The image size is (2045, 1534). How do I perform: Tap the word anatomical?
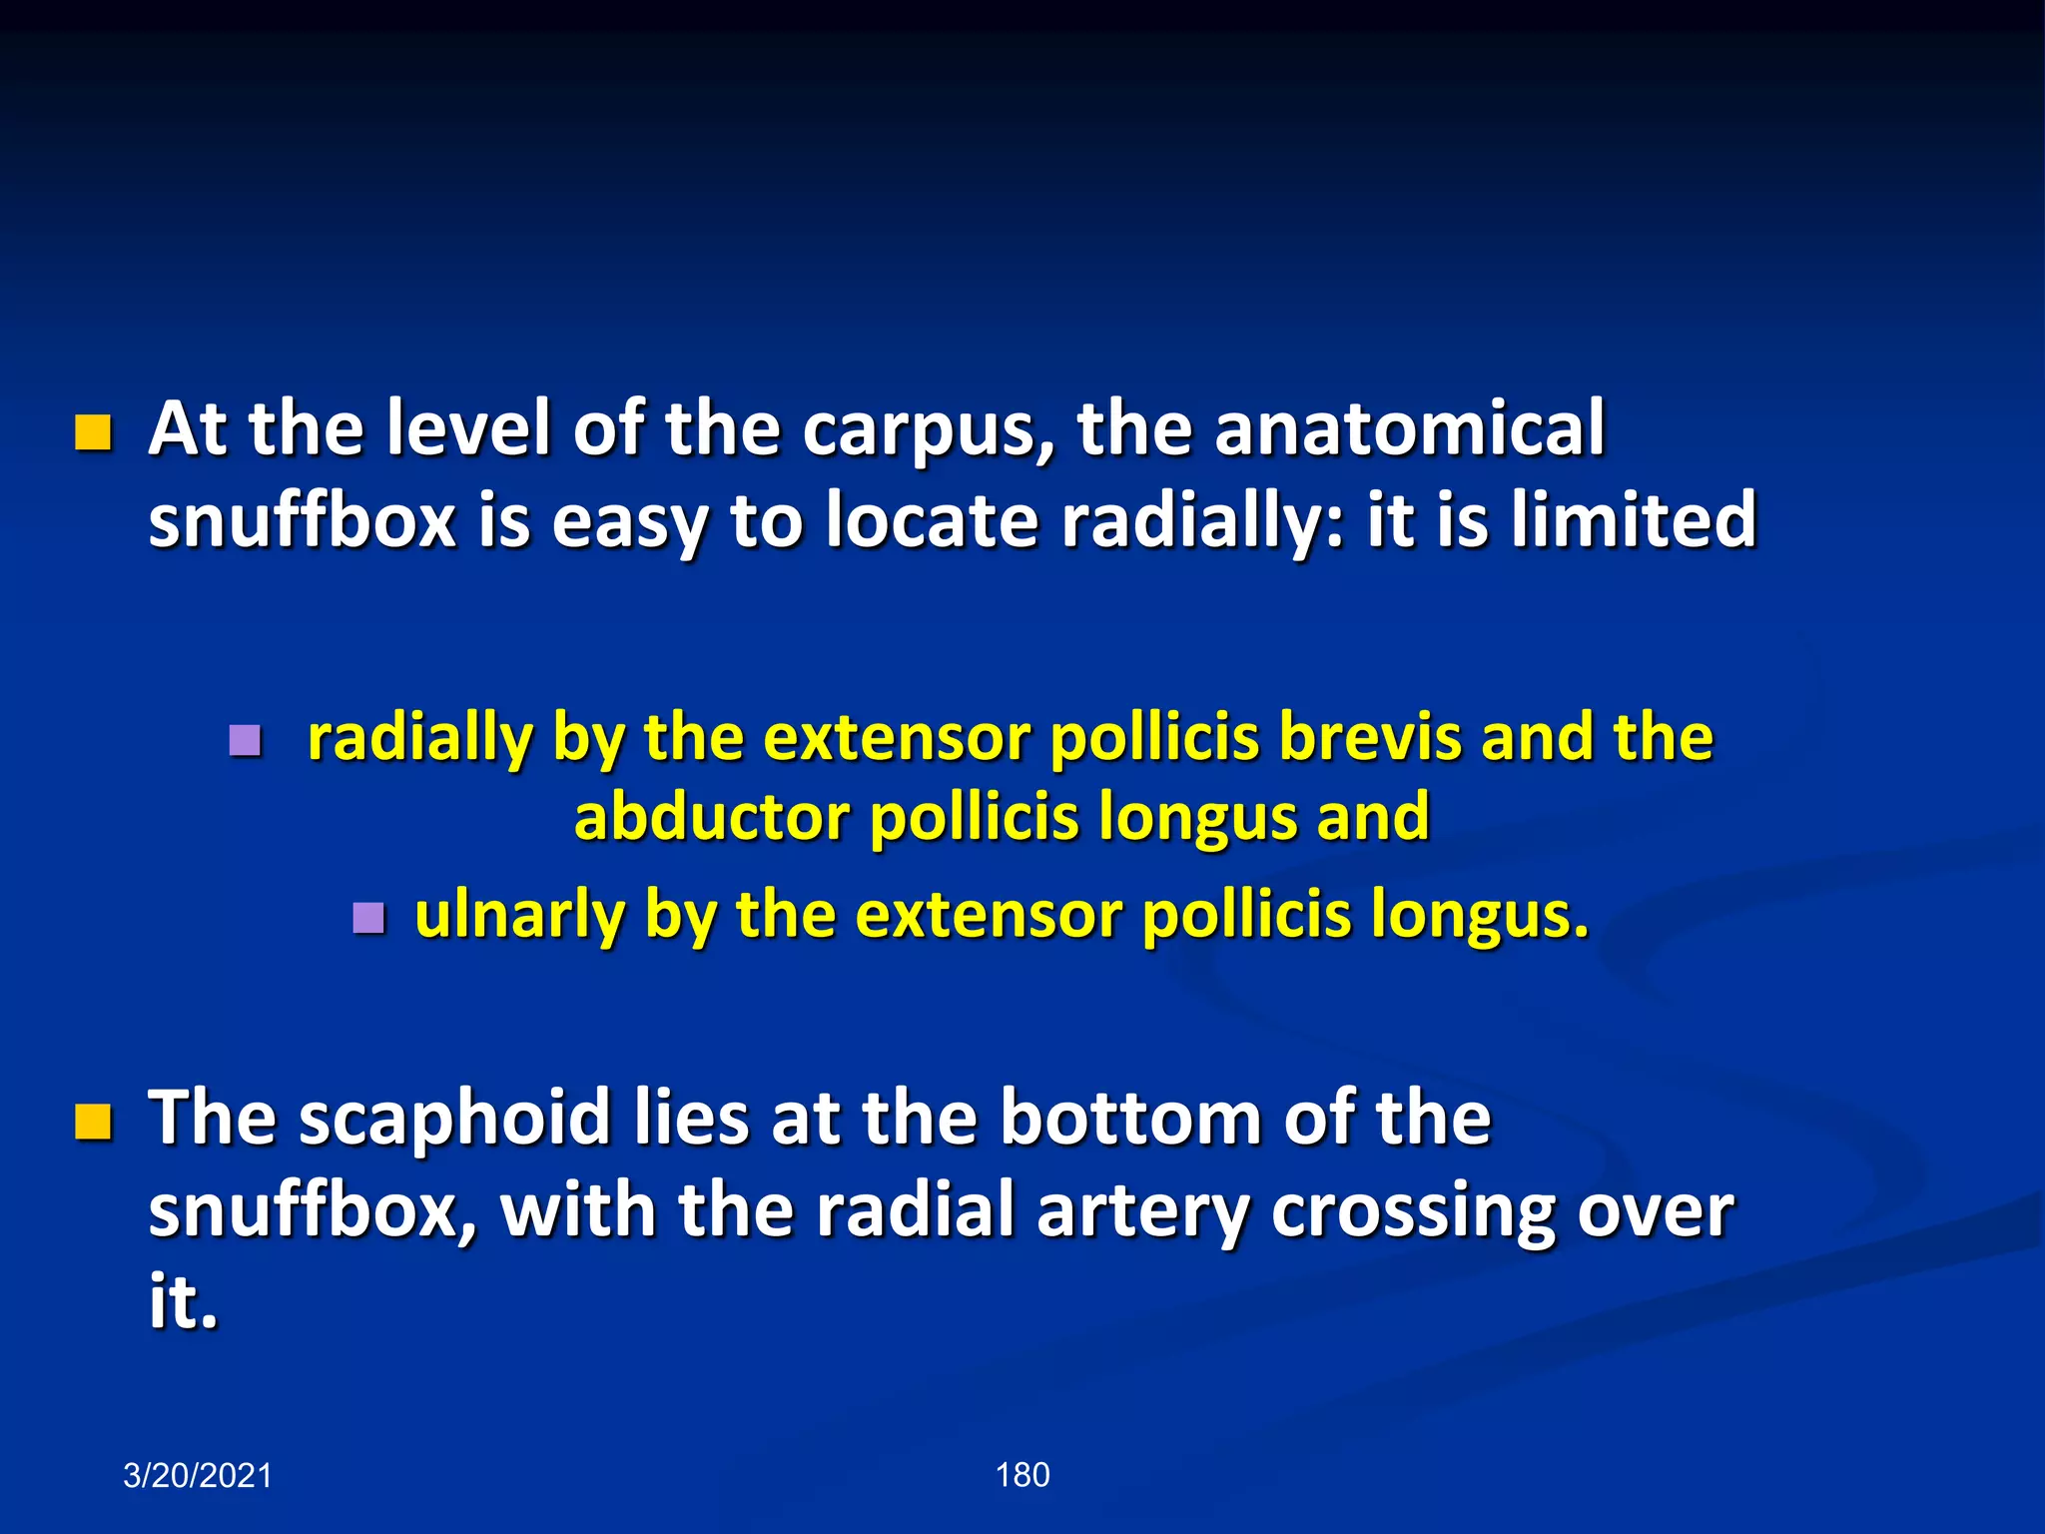[x=1409, y=429]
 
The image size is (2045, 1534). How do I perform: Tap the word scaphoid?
[x=454, y=1118]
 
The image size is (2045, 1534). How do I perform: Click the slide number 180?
[x=1022, y=1475]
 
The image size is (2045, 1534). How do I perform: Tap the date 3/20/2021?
[x=198, y=1476]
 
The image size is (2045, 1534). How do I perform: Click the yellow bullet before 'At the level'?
[x=93, y=433]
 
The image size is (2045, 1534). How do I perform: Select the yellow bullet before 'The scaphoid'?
[x=93, y=1122]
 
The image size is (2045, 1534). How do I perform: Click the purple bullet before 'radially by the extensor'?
[x=245, y=741]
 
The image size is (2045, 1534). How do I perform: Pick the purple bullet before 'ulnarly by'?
[x=368, y=918]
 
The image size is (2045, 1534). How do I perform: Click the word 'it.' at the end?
[x=183, y=1302]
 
